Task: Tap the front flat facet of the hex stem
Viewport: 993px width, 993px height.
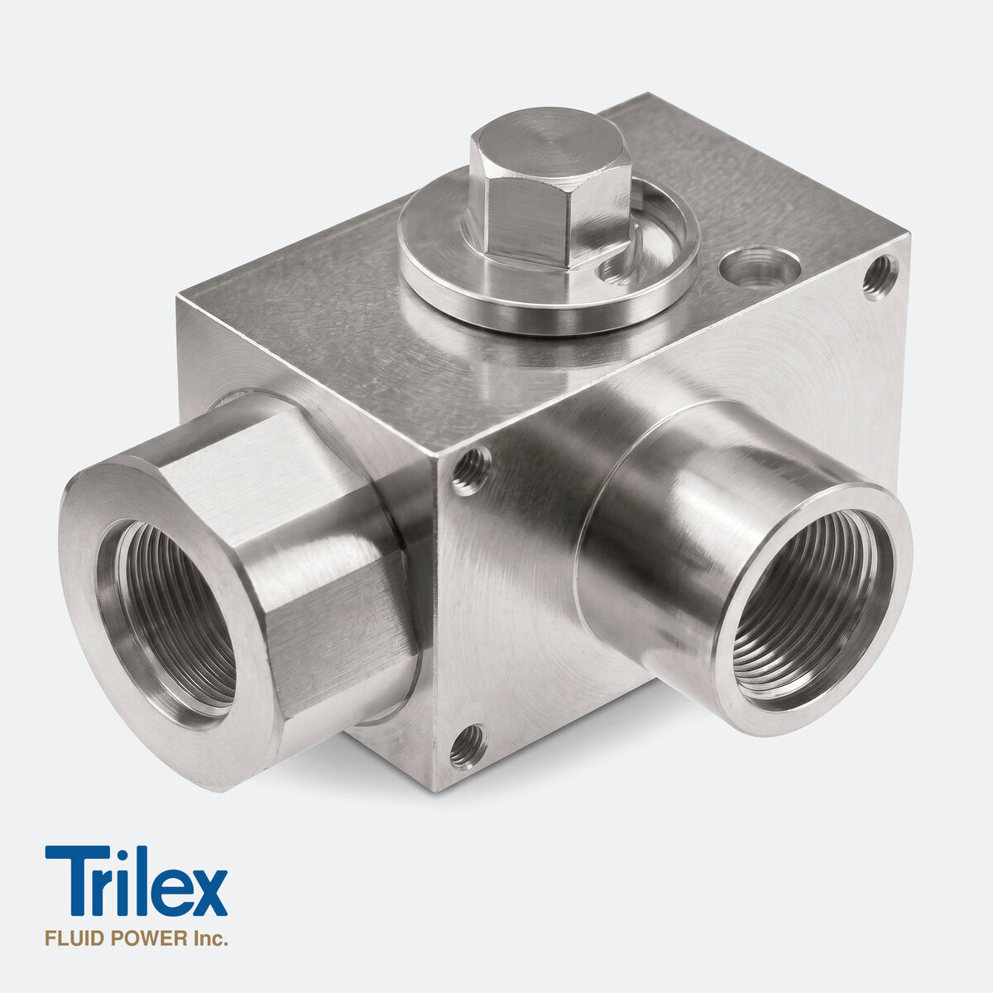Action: (525, 221)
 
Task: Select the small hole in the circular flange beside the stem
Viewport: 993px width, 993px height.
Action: (616, 271)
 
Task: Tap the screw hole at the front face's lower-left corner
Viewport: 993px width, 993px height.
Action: (467, 746)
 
